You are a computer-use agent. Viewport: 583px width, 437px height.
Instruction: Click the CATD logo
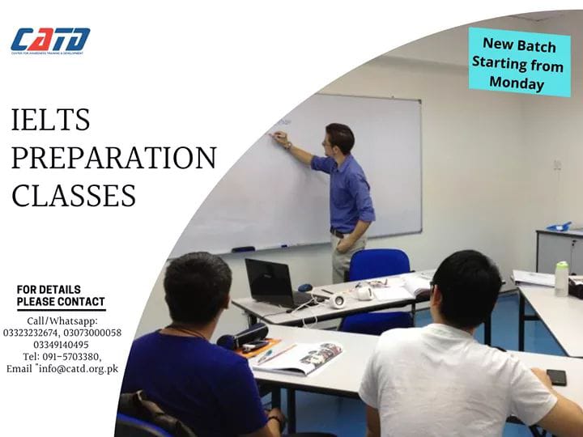click(50, 40)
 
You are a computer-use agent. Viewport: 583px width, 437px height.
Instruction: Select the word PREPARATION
click(113, 158)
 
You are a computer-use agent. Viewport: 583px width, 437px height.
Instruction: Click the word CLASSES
click(73, 195)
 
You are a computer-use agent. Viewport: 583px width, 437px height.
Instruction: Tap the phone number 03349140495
click(62, 344)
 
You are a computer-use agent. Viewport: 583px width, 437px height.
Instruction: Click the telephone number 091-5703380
click(72, 356)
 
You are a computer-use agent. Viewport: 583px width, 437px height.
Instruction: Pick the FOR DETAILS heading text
click(49, 290)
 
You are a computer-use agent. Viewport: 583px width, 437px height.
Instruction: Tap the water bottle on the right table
click(561, 278)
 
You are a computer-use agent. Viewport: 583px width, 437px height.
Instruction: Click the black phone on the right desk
click(556, 377)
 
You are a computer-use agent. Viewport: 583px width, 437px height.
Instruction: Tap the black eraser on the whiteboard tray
click(243, 249)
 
